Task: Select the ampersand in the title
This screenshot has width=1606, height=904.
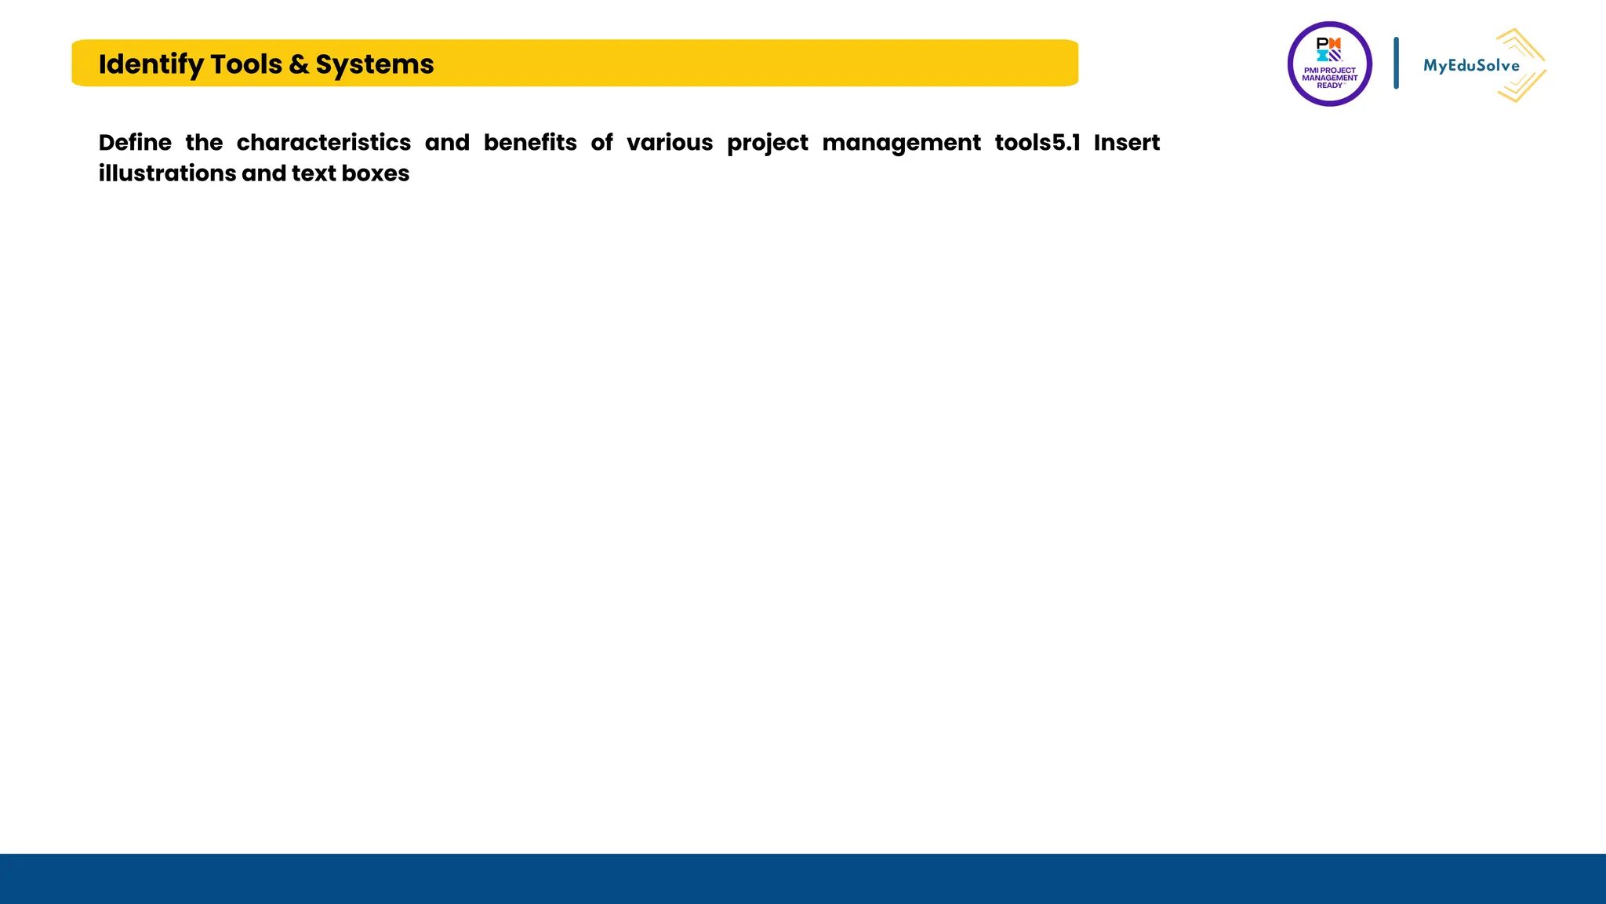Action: click(299, 64)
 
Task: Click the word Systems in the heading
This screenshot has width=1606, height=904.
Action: click(374, 64)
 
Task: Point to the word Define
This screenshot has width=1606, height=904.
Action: click(135, 143)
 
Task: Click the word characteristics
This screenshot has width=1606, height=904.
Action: click(324, 143)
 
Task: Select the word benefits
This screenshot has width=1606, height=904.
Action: click(530, 143)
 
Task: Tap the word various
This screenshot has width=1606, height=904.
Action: click(670, 143)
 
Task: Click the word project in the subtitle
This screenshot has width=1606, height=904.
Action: click(767, 144)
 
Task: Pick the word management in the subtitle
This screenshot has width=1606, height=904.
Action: click(901, 144)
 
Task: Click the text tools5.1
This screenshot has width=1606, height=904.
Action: click(1037, 143)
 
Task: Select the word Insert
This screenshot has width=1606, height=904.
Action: click(1127, 143)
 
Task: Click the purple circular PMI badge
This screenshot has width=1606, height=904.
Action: click(1329, 64)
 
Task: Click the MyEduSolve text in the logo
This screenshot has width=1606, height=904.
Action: click(1471, 66)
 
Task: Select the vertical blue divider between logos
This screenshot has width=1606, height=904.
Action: click(1396, 63)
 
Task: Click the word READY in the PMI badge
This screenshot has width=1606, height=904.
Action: click(1329, 86)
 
